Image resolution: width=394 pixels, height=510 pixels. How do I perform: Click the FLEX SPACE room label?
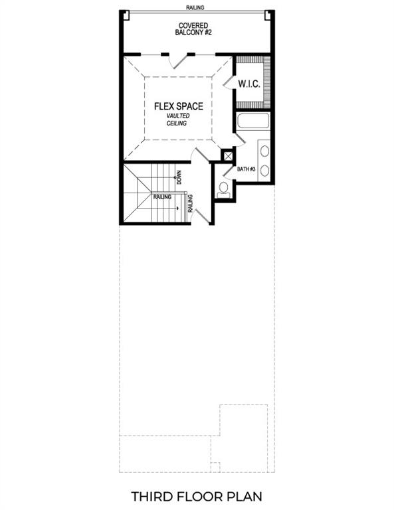point(178,106)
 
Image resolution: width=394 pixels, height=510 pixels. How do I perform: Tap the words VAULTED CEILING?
point(177,120)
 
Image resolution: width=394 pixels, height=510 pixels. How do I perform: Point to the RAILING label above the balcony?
point(196,7)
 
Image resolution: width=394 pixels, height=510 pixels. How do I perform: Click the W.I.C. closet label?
point(249,84)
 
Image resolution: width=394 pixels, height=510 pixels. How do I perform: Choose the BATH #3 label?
point(246,169)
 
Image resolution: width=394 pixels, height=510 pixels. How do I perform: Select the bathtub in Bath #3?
point(252,121)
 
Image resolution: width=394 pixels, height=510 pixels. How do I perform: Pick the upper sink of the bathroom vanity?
point(264,150)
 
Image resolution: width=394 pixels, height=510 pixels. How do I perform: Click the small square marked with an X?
point(228,156)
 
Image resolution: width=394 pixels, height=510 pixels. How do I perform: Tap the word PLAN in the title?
point(247,496)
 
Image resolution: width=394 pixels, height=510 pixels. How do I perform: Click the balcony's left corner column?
point(124,15)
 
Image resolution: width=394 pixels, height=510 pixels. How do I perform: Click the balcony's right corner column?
point(268,15)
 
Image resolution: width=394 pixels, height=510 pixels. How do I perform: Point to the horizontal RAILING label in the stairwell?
point(162,197)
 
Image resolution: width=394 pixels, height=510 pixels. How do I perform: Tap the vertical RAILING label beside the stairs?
point(190,203)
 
